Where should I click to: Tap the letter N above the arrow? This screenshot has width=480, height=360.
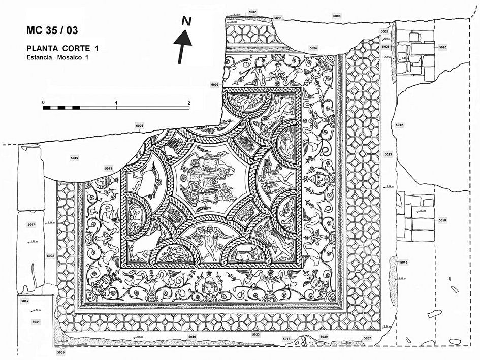[187, 21]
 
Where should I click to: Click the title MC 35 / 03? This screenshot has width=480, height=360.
[52, 30]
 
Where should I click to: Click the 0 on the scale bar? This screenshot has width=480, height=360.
[44, 102]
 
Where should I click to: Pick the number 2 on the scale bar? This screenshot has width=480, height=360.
[189, 102]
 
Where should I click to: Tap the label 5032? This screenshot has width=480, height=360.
[252, 11]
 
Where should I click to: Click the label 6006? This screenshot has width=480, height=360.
[337, 16]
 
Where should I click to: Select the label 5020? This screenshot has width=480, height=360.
[442, 47]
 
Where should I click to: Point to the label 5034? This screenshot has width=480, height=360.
[313, 48]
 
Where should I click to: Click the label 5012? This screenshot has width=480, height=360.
[399, 124]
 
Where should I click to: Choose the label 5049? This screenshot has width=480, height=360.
[75, 158]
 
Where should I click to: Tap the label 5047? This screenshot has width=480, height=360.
[31, 224]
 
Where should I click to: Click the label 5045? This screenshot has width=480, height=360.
[404, 262]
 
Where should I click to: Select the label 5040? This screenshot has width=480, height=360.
[192, 337]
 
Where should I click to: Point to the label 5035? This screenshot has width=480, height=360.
[61, 352]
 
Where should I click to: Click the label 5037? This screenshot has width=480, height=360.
[367, 338]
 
